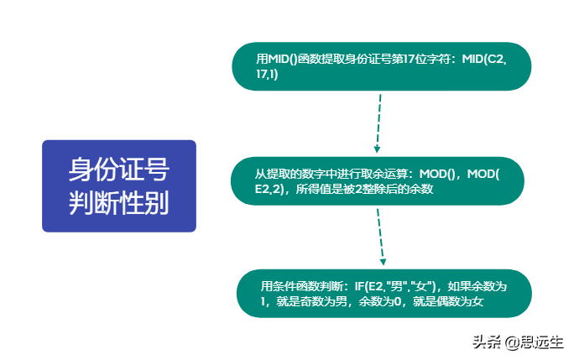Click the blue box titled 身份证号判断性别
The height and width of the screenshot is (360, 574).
pos(119,185)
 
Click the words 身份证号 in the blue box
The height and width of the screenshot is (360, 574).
pos(119,170)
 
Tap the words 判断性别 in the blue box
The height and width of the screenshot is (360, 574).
pos(119,202)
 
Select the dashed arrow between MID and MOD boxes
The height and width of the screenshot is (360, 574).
pos(378,123)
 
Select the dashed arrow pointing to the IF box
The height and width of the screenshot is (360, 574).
pos(381,237)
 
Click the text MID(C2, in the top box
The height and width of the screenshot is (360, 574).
pos(484,59)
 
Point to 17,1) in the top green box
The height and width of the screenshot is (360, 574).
pos(267,74)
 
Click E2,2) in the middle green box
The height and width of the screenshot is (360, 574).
pos(269,189)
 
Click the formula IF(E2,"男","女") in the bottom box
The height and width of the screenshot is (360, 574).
pos(395,286)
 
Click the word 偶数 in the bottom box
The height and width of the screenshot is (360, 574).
pos(448,301)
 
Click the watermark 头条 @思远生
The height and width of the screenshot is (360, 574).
pos(518,342)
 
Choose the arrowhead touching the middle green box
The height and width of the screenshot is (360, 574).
pos(377,149)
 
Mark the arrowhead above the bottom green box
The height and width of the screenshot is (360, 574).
pos(383,262)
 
